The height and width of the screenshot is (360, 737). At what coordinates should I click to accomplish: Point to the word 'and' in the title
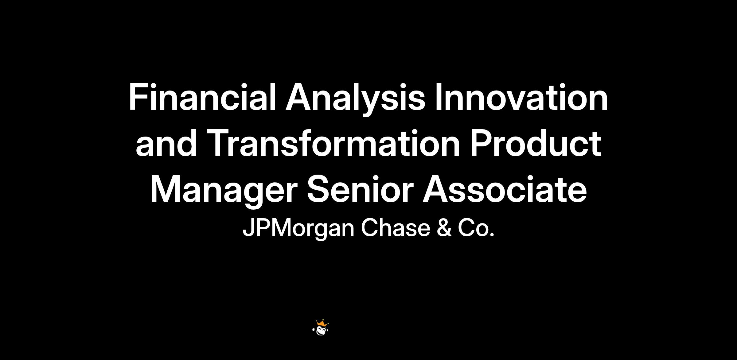166,143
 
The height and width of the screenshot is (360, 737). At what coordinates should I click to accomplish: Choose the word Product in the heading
536,143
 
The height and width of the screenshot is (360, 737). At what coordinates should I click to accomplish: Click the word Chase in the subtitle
396,228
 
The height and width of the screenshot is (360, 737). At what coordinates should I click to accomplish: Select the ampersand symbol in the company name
444,228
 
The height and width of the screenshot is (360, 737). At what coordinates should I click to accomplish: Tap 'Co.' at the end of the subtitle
476,228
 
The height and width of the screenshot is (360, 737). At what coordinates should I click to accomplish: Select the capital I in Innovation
439,97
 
